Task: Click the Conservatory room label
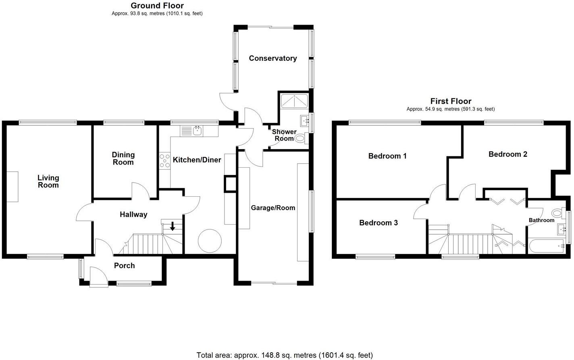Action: coord(273,58)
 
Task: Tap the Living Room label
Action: coord(48,181)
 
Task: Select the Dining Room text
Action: coord(123,158)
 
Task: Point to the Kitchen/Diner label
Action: coord(197,160)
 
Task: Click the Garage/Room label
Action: coord(273,208)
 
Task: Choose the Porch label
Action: coord(124,266)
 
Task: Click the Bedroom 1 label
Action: coord(387,156)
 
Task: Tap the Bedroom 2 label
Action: coord(507,154)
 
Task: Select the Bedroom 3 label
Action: coord(379,223)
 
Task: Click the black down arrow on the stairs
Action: coord(173,227)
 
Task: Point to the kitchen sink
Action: coord(197,131)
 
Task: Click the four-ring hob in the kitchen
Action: coord(165,161)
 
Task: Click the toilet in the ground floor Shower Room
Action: coord(300,139)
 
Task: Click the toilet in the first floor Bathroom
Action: coord(557,213)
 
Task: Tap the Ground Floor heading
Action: coord(157,6)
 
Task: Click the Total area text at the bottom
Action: coord(284,355)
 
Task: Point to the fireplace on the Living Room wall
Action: coord(12,186)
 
